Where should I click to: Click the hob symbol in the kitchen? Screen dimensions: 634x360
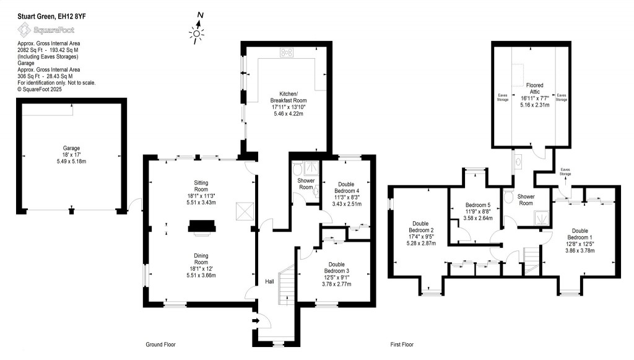tap(287, 53)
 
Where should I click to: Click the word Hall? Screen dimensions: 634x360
tap(270, 281)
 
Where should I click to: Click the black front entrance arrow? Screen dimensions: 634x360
tap(255, 321)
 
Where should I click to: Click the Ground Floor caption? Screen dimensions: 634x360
tap(160, 345)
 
